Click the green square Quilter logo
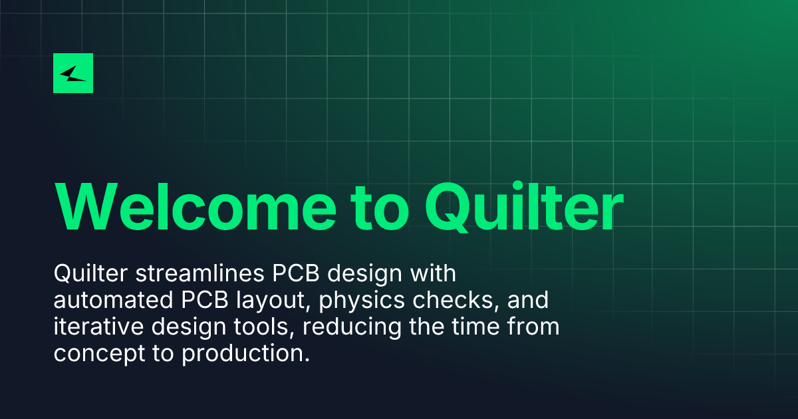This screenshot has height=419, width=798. pos(73,73)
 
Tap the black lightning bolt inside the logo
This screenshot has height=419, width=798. pos(73,73)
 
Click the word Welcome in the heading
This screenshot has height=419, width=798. pos(196,207)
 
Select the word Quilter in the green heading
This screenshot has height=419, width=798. pos(524,207)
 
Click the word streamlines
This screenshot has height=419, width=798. pos(200,273)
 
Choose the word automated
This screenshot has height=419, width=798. pos(113,300)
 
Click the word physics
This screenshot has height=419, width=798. pos(362,301)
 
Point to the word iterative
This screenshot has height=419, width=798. pos(98,327)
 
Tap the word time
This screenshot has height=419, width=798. pos(475,327)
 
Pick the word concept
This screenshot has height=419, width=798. pos(99,354)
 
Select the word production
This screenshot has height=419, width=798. pos(245,354)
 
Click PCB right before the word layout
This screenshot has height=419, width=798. pos(205,300)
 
